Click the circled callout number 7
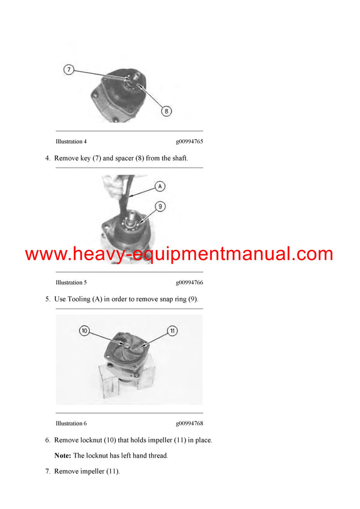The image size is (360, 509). (69, 70)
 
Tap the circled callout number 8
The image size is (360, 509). (166, 110)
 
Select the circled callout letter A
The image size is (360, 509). (160, 186)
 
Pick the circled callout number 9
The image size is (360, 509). (160, 206)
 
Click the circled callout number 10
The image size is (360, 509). (84, 330)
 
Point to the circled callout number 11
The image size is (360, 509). (172, 330)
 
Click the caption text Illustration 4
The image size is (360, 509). (71, 141)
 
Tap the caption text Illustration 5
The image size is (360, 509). (71, 282)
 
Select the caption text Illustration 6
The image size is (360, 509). (71, 423)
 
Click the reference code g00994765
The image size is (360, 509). (189, 141)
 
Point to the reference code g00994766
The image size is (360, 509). (189, 282)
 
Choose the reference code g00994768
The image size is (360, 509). (189, 423)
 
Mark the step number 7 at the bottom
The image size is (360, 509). (47, 471)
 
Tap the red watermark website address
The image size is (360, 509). (179, 254)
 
